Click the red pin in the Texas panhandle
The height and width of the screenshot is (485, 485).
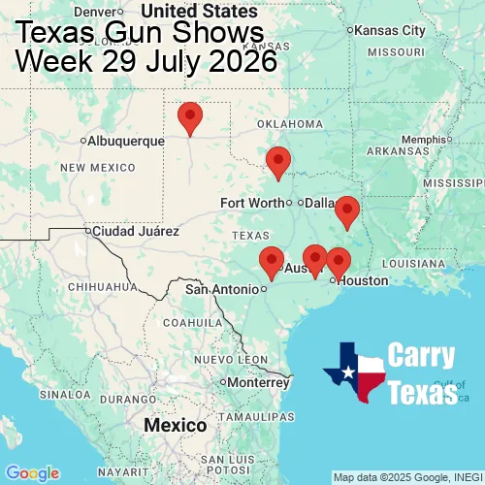pyautogui.click(x=190, y=117)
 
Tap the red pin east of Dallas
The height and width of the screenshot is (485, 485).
pyautogui.click(x=346, y=210)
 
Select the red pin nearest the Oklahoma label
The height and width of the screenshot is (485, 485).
pyautogui.click(x=278, y=162)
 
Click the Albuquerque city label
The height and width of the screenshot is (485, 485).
pyautogui.click(x=125, y=141)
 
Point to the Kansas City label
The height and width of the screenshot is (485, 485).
pyautogui.click(x=390, y=30)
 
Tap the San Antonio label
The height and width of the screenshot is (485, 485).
pyautogui.click(x=222, y=289)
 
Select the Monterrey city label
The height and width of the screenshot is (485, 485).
pyautogui.click(x=258, y=382)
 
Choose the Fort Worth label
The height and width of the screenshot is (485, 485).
pyautogui.click(x=252, y=203)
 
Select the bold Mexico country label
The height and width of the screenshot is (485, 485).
pyautogui.click(x=175, y=426)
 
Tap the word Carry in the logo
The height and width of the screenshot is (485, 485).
pyautogui.click(x=422, y=356)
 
